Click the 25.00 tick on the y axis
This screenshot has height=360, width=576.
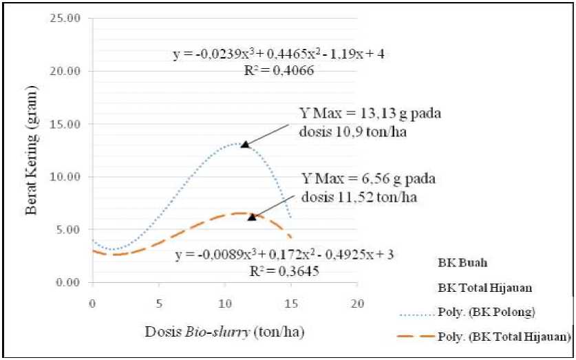point(67,19)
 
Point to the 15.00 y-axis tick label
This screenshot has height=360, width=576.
point(67,125)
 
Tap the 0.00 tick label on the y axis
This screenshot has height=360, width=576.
point(69,282)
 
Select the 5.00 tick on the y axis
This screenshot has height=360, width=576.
point(69,230)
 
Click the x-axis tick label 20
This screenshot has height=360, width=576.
point(357,302)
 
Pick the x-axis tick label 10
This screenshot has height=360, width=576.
point(225,302)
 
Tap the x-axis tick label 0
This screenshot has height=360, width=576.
point(92,302)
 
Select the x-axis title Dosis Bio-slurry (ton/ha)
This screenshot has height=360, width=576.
point(224,332)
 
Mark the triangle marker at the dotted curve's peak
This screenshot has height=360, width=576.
point(244,143)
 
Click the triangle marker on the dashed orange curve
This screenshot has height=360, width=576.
point(252,216)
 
